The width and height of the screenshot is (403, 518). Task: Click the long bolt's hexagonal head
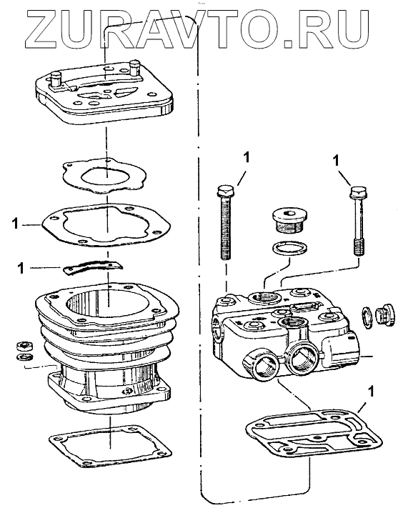[226, 191]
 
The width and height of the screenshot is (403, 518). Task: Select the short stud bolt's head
[359, 192]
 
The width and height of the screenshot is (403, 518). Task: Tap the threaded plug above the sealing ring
[289, 219]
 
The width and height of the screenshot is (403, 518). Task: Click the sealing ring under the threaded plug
[290, 247]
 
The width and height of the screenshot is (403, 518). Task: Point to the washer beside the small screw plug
[367, 318]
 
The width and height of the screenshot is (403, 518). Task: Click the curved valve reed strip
[92, 266]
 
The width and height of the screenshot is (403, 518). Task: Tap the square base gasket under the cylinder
[110, 447]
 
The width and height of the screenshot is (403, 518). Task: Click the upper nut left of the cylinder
[25, 346]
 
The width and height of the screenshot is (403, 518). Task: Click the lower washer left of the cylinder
[25, 357]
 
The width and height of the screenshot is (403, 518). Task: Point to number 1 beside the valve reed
[21, 268]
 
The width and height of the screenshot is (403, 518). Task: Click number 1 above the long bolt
[246, 158]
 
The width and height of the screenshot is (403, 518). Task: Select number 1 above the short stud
[337, 161]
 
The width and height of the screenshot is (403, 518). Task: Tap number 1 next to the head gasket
[372, 392]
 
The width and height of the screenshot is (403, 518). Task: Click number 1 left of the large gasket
[15, 224]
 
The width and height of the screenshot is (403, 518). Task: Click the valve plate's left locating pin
[56, 79]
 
